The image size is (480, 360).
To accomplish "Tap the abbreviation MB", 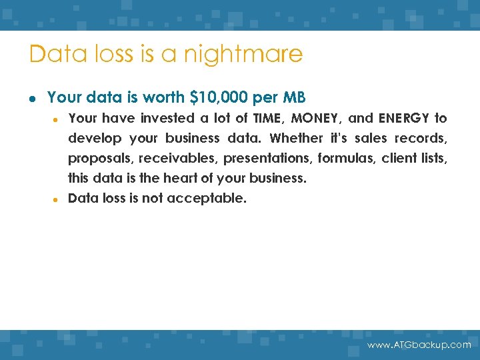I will (294, 98).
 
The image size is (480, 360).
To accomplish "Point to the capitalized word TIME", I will (269, 119).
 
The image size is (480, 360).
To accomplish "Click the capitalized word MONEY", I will (317, 119).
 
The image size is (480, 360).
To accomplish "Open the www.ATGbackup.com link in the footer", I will (419, 345).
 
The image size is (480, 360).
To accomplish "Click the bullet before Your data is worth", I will (33, 99).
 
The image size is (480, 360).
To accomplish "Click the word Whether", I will (295, 139).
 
